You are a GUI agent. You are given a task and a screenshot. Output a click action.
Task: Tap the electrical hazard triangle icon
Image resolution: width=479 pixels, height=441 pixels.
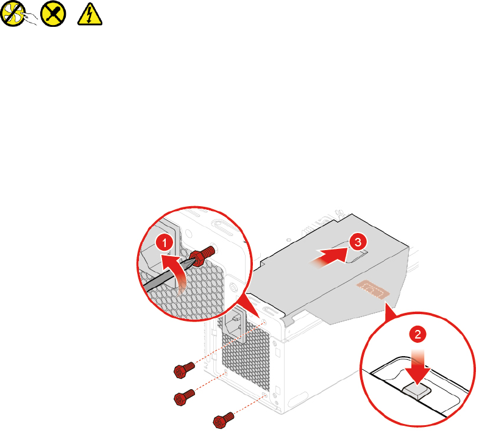click(89, 15)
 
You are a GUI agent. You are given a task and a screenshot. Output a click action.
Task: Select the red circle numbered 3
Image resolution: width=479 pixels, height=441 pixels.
click(357, 242)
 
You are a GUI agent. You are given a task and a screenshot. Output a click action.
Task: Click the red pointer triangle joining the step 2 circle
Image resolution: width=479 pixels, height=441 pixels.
click(389, 315)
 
